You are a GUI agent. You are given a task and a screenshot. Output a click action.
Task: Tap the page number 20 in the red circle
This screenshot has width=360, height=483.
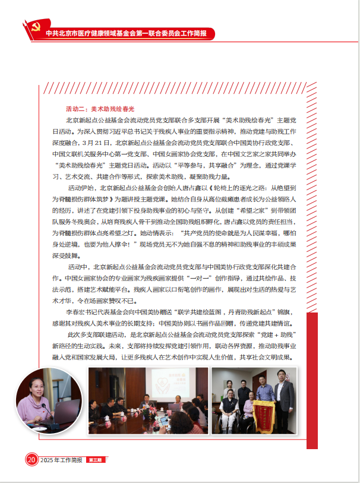(x=30, y=460)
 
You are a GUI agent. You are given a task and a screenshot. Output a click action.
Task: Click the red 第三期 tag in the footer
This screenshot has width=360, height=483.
(x=95, y=460)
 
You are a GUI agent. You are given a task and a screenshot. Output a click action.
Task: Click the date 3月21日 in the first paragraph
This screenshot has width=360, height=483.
(x=103, y=143)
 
